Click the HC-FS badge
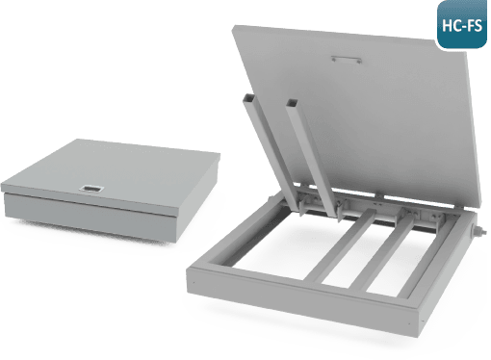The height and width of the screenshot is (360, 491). pos(462,24)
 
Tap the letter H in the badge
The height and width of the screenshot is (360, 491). pos(447,25)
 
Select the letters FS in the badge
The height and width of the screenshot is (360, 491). pos(475,25)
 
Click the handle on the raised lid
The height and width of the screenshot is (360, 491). pos(347,60)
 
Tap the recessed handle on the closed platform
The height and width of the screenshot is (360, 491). pos(91,189)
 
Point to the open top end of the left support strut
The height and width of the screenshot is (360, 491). pos(249,96)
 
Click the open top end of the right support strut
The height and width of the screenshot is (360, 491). pos(292,103)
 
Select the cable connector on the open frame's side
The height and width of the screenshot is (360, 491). pos(478,230)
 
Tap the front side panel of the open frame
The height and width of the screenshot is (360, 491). pos(302,302)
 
